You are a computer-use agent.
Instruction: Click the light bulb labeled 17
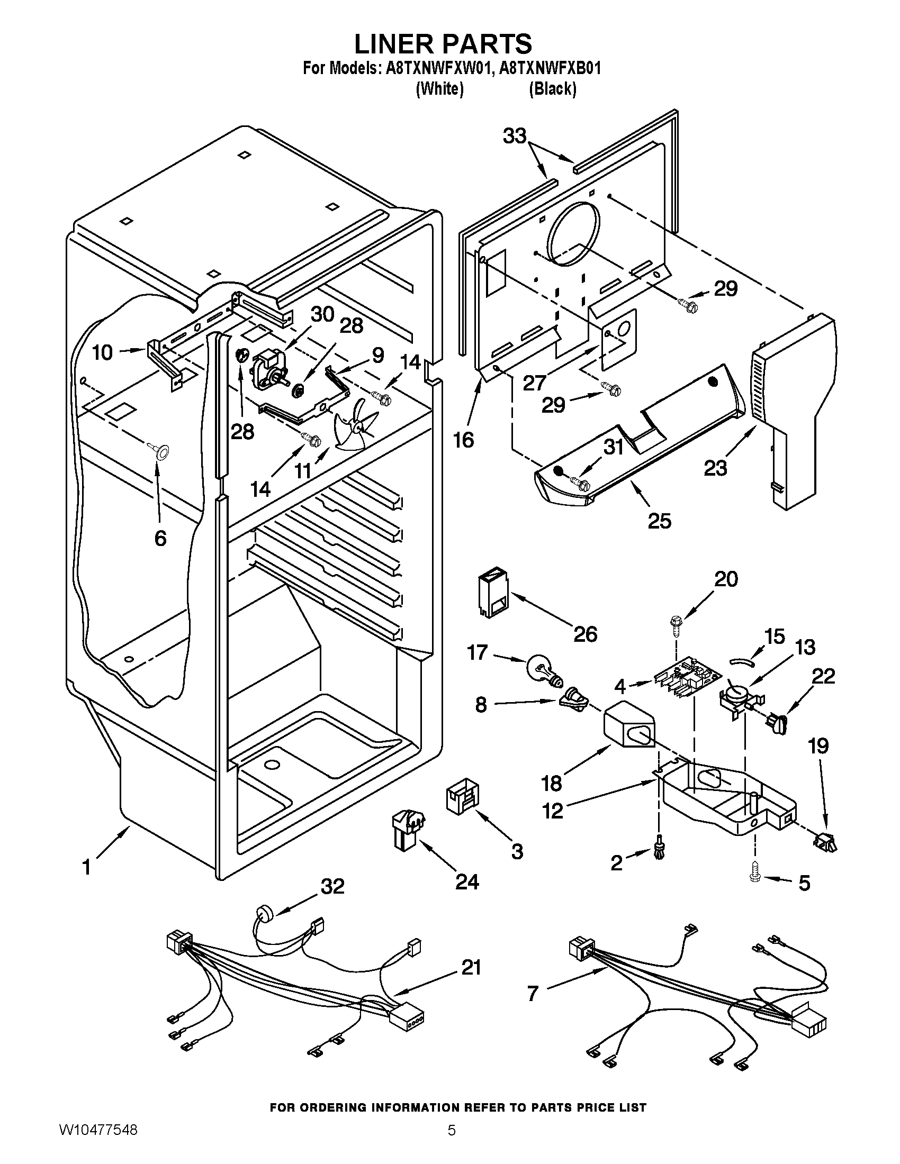(x=542, y=670)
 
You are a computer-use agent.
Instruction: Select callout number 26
(x=585, y=634)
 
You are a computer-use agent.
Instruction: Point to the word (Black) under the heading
(x=552, y=88)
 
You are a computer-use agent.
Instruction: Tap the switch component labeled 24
(x=409, y=828)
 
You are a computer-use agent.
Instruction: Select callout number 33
(x=515, y=137)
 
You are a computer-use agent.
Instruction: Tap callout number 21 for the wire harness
(x=470, y=967)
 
